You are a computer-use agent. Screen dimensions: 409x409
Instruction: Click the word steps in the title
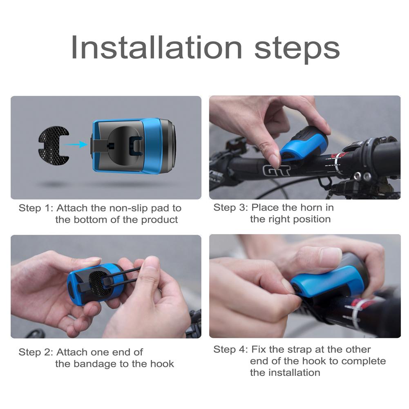coord(297,49)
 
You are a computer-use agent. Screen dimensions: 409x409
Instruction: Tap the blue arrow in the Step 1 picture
coord(76,144)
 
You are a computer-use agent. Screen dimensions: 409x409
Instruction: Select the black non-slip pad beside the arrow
coord(54,144)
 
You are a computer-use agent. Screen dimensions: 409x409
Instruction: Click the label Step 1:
coord(36,208)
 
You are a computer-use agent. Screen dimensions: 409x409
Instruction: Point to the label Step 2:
coord(36,352)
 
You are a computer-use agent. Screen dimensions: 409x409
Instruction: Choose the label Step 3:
coord(230,208)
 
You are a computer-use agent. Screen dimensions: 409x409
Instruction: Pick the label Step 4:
coord(230,349)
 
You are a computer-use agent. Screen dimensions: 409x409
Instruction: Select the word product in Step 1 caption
coord(159,220)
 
